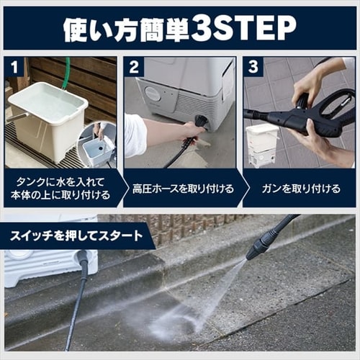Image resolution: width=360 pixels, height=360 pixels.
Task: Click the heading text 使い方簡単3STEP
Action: [x=180, y=28]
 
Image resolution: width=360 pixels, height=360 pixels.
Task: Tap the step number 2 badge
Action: [x=133, y=68]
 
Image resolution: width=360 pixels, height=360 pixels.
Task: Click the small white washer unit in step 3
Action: [x=261, y=144]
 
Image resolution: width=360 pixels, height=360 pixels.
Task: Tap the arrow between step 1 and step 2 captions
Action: [x=120, y=189]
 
